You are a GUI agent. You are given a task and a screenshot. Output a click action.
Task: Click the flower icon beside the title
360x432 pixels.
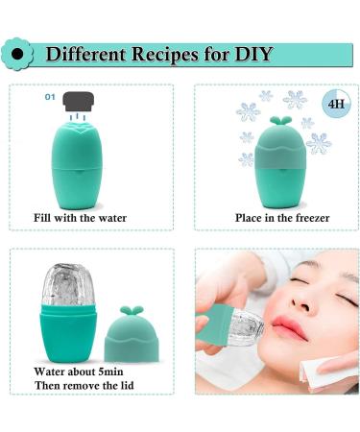click(16, 55)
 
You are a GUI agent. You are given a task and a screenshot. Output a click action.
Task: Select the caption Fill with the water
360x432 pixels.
click(80, 218)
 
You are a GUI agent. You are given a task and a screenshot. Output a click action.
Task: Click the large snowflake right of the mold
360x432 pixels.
click(319, 143)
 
